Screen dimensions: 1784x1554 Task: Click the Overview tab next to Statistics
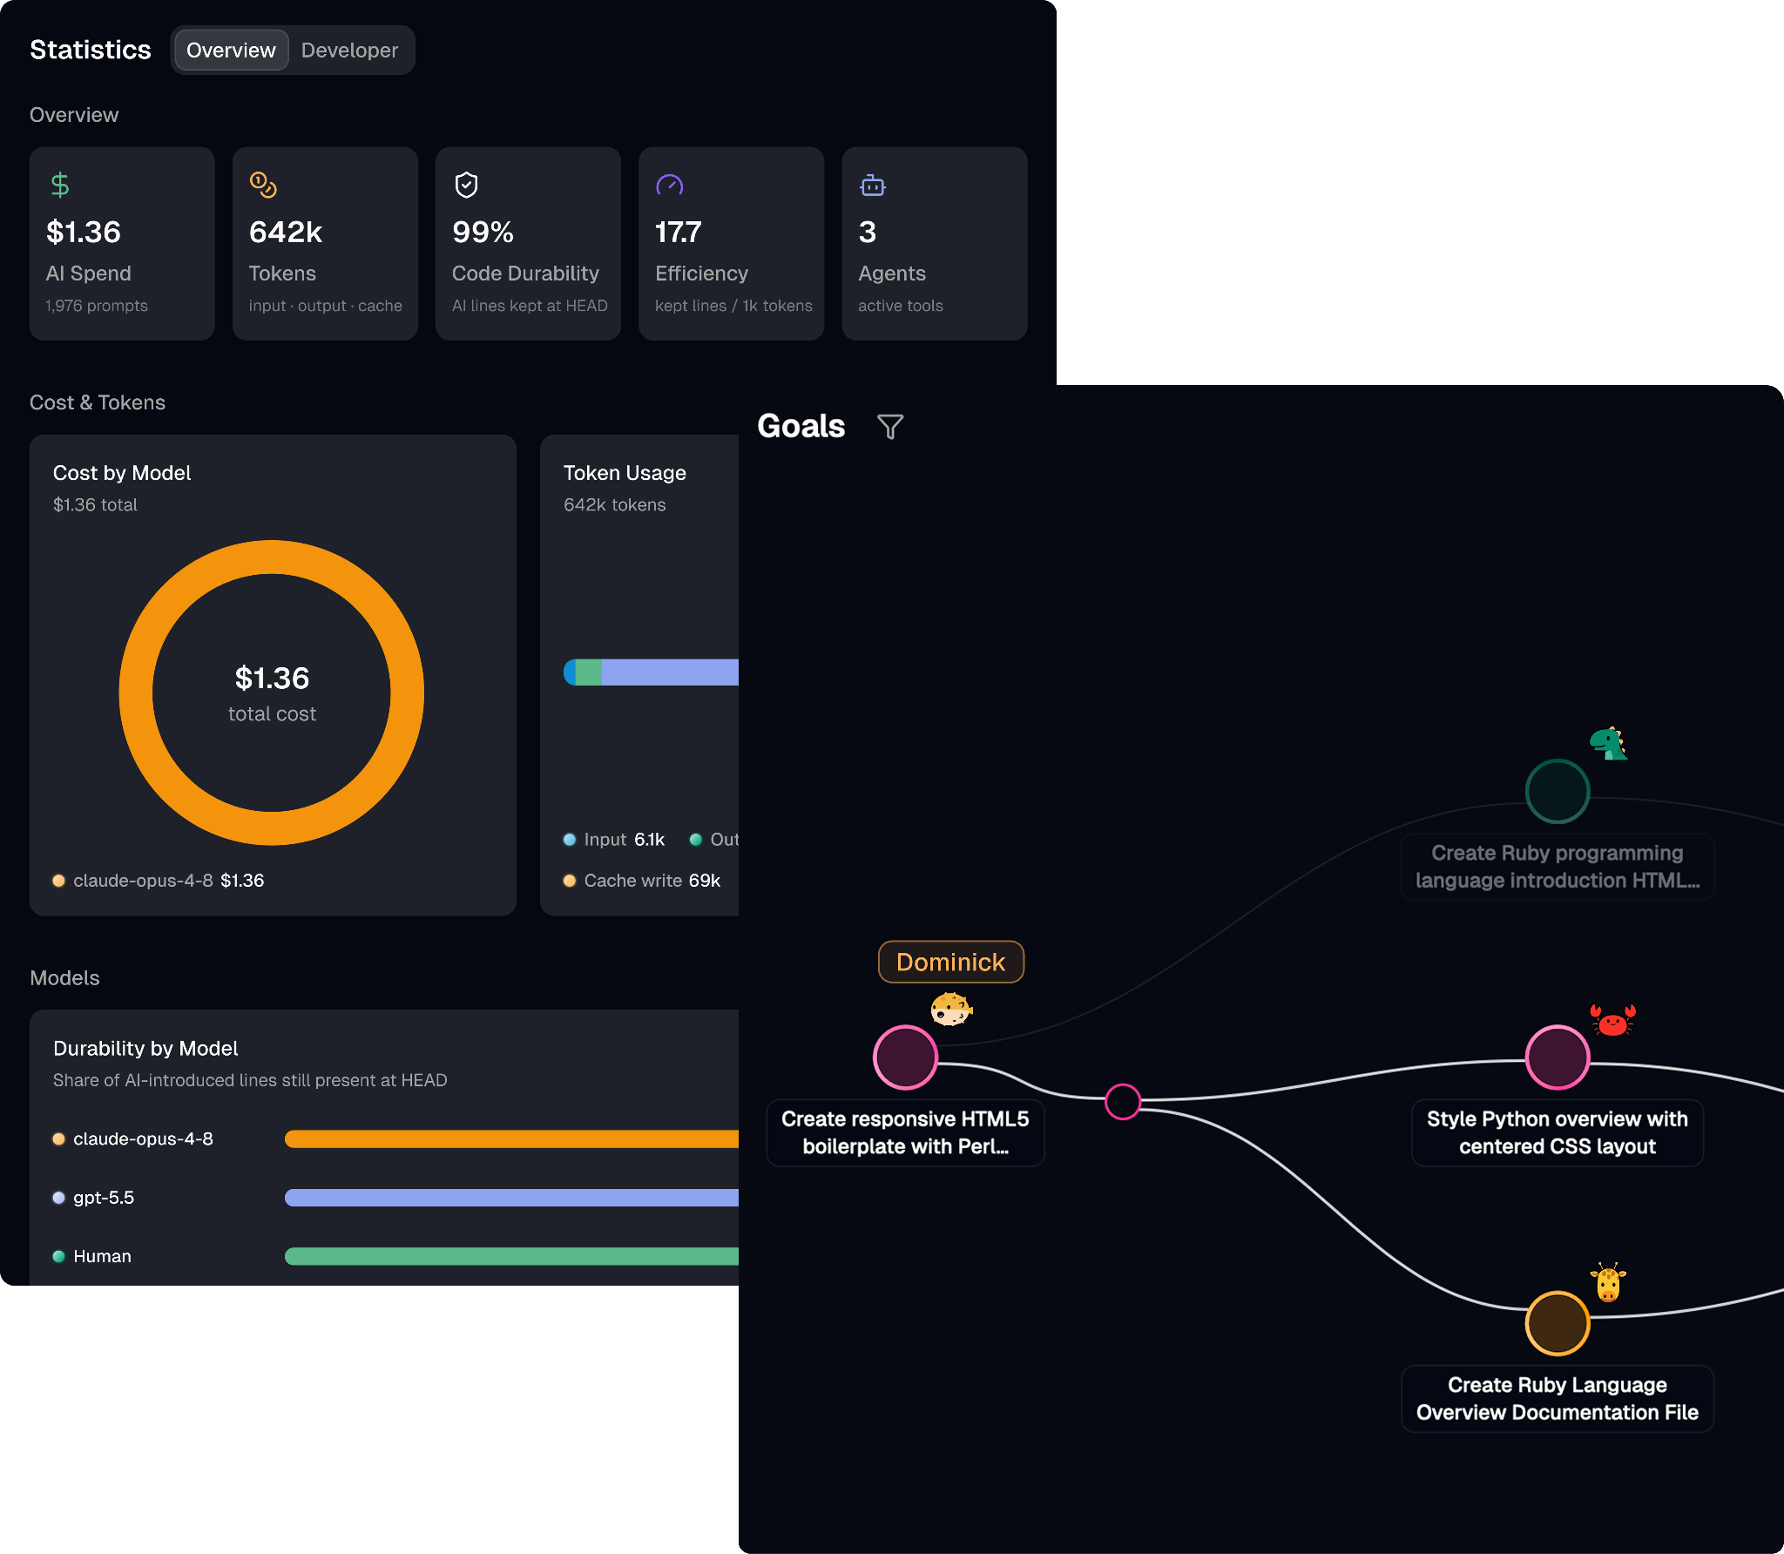coord(231,51)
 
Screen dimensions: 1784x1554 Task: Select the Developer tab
coord(349,51)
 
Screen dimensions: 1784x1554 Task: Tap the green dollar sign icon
coord(60,185)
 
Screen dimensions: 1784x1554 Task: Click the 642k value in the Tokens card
coord(286,232)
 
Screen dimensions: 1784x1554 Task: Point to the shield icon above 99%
coord(467,185)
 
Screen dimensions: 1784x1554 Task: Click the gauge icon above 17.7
coord(670,185)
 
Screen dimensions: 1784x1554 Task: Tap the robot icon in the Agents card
coord(873,185)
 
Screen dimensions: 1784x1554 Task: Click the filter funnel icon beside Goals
coord(890,427)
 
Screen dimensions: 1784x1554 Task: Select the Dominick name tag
coord(951,962)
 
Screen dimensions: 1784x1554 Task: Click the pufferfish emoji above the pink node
coord(951,1009)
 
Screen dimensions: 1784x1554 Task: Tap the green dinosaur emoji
coord(1608,744)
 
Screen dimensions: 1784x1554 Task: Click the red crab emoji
coord(1613,1020)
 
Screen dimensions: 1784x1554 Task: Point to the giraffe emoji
coord(1608,1282)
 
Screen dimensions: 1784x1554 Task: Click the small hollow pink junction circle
coord(1123,1102)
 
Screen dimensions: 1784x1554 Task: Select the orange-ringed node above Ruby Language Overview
coord(1558,1323)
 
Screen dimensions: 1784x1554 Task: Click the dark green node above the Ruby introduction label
coord(1558,791)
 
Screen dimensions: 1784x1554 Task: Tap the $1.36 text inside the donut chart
coord(272,678)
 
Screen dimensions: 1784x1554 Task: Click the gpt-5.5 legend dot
coord(58,1198)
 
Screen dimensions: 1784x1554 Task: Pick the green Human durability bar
coord(511,1256)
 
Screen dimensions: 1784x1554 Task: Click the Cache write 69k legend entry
coord(642,881)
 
